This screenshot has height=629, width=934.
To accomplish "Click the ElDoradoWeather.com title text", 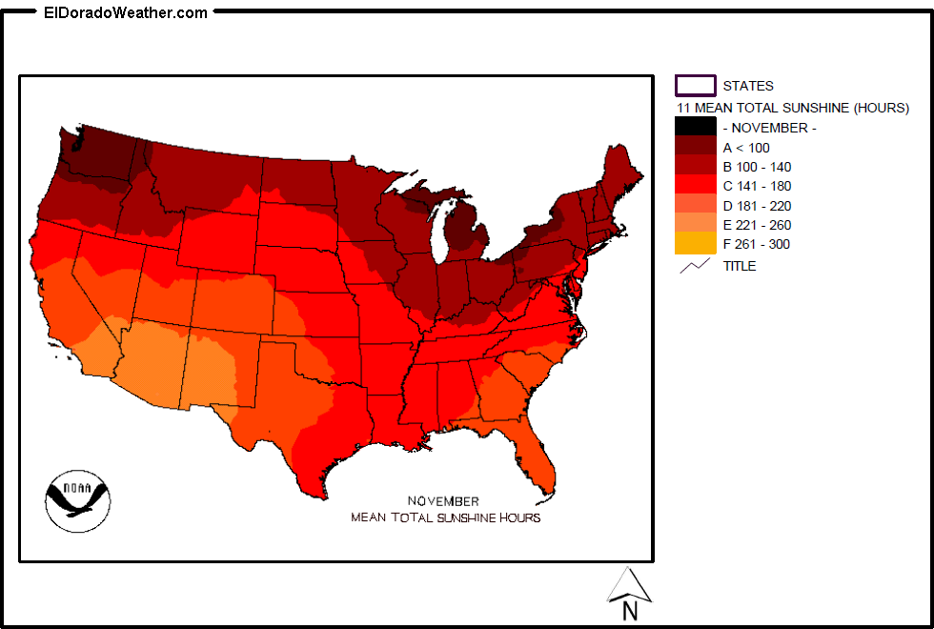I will pos(126,12).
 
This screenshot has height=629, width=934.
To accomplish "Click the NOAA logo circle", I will pos(77,499).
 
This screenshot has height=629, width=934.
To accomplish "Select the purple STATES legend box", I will pos(695,86).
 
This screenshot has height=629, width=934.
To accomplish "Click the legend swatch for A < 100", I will pos(695,147).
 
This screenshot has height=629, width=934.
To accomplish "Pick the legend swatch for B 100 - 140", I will pos(695,167).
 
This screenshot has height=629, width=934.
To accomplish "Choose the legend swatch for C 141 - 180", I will pos(695,186).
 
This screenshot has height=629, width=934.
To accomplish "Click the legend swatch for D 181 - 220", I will pos(695,206).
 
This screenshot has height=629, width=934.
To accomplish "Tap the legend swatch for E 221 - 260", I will pos(695,225).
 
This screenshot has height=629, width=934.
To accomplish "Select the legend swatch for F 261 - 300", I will pos(695,244).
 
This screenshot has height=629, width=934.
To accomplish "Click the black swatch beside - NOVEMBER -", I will pos(695,127).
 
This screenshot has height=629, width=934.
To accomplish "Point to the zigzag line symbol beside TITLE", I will pos(695,266).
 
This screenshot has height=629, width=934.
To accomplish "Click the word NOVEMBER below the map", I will pos(443,501).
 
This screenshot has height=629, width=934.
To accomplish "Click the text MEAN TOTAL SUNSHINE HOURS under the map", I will pos(445,517).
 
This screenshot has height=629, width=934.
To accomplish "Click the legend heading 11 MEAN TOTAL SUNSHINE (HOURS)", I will pos(792,108).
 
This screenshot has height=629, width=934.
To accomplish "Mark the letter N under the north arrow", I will pos(630,612).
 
